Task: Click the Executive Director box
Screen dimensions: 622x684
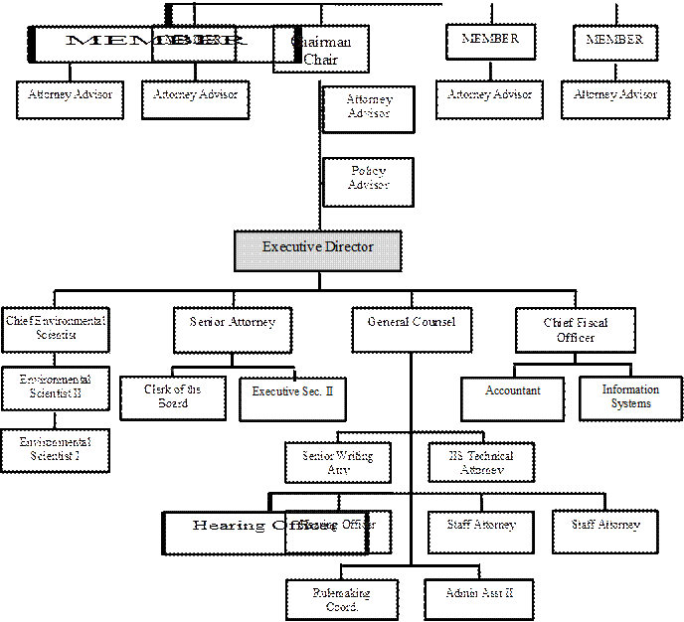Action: (x=317, y=250)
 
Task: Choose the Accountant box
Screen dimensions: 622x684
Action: (x=513, y=397)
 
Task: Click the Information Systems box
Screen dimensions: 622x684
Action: (x=630, y=397)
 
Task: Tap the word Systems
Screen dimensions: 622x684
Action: (x=630, y=403)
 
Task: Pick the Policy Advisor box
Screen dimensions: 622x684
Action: (x=368, y=179)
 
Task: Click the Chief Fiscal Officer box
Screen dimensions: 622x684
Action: (x=576, y=329)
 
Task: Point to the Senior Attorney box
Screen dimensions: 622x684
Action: (x=234, y=329)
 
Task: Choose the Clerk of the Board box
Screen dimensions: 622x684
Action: (x=173, y=397)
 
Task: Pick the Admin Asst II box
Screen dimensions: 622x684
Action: (x=479, y=598)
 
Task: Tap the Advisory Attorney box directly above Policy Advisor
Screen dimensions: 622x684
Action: (x=368, y=106)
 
